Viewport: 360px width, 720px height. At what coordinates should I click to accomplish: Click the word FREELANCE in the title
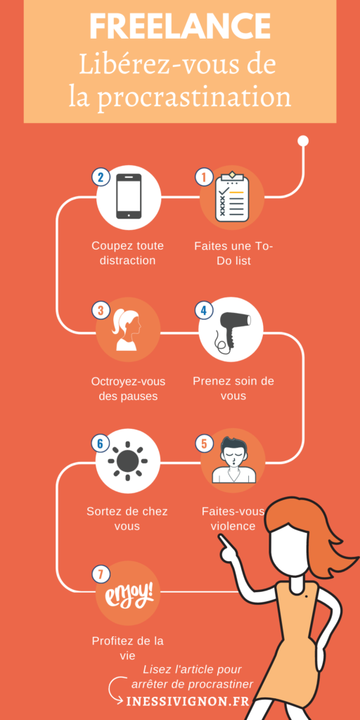[180, 27]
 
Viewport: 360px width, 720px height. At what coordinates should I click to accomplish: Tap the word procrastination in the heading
[195, 97]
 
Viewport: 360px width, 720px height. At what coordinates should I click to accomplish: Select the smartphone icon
[129, 196]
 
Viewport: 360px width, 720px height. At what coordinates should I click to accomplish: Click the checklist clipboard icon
[231, 198]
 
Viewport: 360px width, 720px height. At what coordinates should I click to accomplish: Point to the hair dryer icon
[231, 329]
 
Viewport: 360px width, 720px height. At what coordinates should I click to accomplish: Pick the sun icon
[128, 461]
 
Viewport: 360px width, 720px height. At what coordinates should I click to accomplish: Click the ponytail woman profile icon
[128, 329]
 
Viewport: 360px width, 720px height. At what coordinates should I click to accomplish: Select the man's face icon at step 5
[233, 461]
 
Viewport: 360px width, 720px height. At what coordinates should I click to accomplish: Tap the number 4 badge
[204, 310]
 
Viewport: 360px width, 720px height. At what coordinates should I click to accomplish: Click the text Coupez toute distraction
[127, 253]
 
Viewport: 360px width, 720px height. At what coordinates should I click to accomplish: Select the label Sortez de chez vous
[127, 519]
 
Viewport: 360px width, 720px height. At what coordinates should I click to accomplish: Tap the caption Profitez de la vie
[127, 648]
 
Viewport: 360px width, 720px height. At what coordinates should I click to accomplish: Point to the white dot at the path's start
[303, 141]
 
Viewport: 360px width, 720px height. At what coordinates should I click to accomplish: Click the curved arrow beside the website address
[116, 690]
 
